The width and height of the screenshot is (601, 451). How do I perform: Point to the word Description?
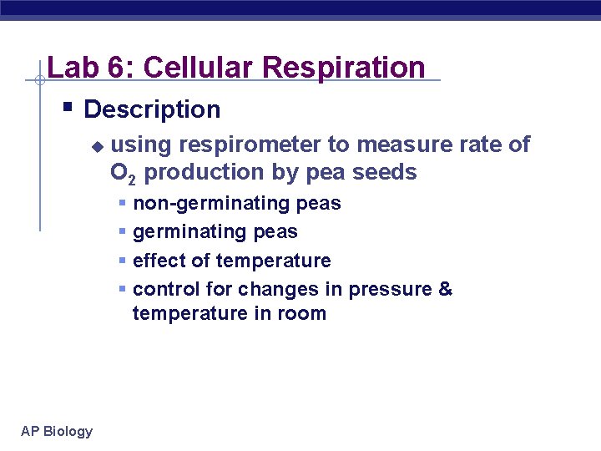[x=152, y=109]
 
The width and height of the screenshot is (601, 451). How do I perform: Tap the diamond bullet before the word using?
[x=97, y=146]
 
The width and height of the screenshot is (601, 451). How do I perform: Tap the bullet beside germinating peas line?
[x=123, y=231]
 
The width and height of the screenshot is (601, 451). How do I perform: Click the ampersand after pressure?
[x=445, y=289]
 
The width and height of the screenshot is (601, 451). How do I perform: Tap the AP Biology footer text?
[x=57, y=431]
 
